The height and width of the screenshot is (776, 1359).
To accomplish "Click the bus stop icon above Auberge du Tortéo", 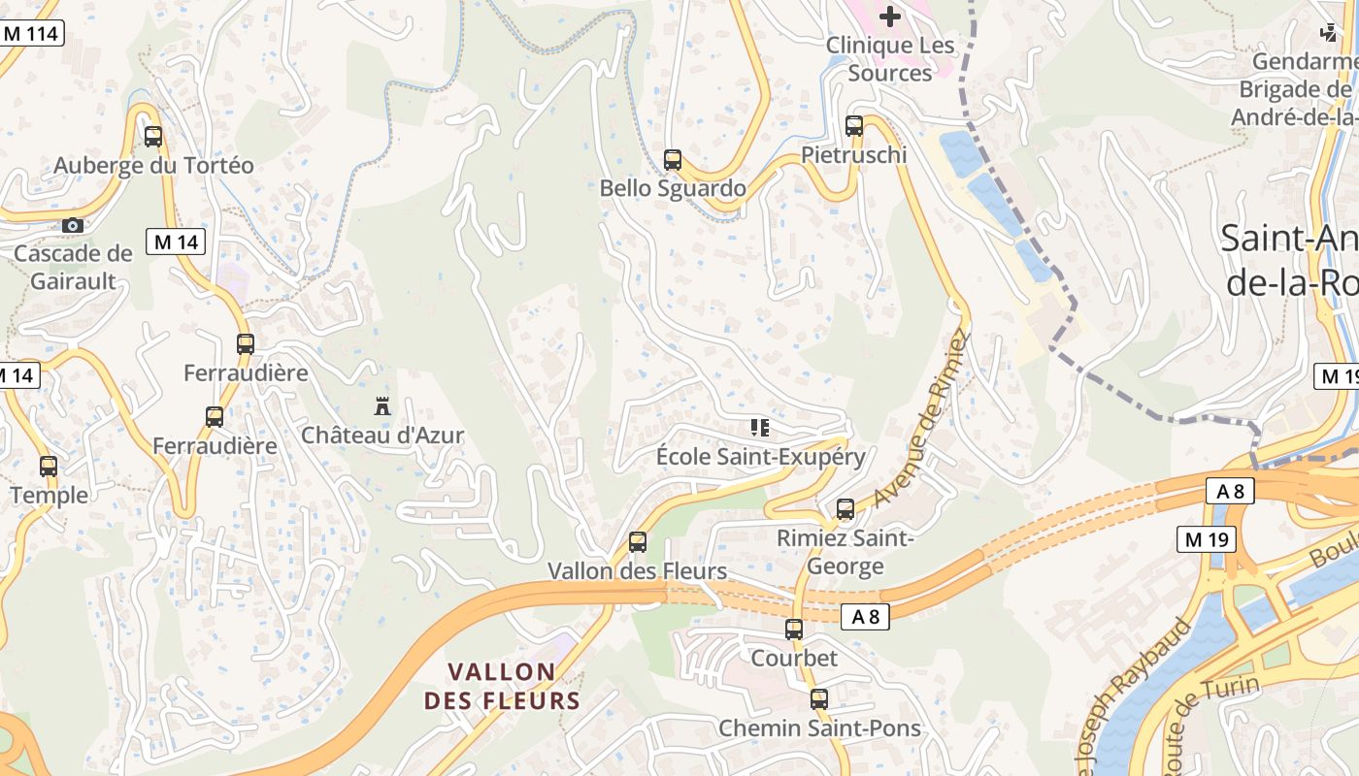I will point(152,137).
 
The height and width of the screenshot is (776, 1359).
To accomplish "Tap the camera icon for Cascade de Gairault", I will point(72,225).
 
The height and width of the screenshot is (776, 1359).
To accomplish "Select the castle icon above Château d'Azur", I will point(382,406).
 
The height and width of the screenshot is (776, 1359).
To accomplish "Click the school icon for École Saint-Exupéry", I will point(759,428).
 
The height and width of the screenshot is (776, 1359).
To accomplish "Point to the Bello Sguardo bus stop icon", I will point(673,160).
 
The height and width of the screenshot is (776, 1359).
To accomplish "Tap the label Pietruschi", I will point(854,155).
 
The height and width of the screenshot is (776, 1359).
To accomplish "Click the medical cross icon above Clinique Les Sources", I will point(889,16).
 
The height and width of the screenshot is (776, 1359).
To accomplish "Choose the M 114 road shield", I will point(31,33).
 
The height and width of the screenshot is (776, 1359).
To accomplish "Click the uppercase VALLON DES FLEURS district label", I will point(502,686).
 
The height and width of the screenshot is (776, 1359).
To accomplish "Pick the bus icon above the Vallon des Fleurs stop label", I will point(638,542).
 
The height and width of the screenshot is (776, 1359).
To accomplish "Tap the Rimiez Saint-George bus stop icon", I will point(845,509).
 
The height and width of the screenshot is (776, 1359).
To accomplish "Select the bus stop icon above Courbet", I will point(794,630).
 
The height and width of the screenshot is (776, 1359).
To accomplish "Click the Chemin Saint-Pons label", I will point(819,728).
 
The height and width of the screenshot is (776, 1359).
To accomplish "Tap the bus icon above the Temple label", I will point(49,467).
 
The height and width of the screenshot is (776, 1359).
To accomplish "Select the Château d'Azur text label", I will point(382,436).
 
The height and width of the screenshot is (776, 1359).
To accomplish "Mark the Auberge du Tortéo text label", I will point(153,166).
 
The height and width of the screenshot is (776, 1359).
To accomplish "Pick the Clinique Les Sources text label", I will point(890,59).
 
